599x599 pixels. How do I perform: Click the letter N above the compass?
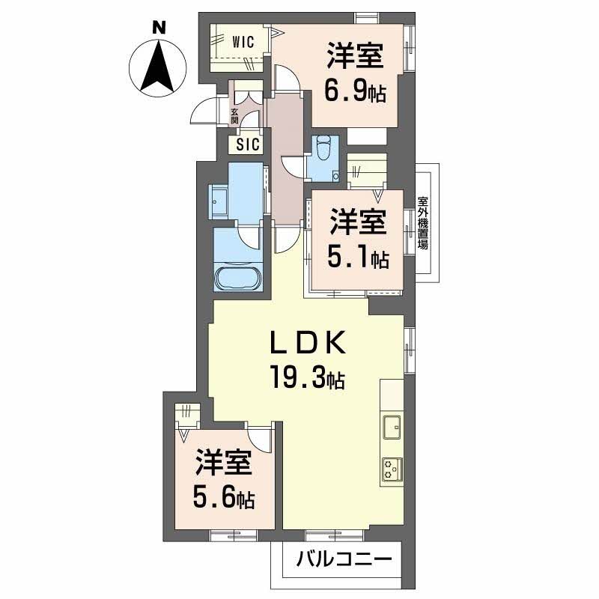tap(159, 28)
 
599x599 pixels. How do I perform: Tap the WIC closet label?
tap(243, 42)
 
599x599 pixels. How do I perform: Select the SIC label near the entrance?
tap(248, 145)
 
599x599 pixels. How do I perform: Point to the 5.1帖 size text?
tap(359, 258)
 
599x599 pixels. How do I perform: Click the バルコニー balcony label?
tap(344, 559)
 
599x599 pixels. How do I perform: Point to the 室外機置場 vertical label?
tap(423, 222)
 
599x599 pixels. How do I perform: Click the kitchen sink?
tap(392, 427)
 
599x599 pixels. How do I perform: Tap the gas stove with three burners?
tap(392, 469)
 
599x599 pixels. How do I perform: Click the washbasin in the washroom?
tap(221, 200)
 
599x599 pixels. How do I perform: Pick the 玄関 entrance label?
tap(234, 115)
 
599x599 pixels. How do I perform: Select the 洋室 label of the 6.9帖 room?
tap(354, 56)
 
